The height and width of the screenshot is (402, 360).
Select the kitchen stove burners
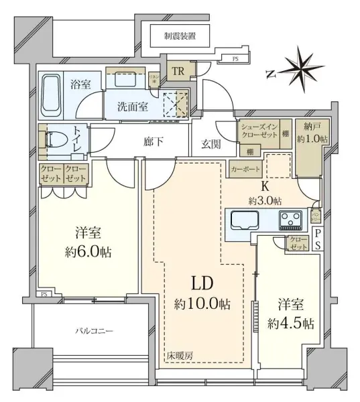point(292,219)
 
